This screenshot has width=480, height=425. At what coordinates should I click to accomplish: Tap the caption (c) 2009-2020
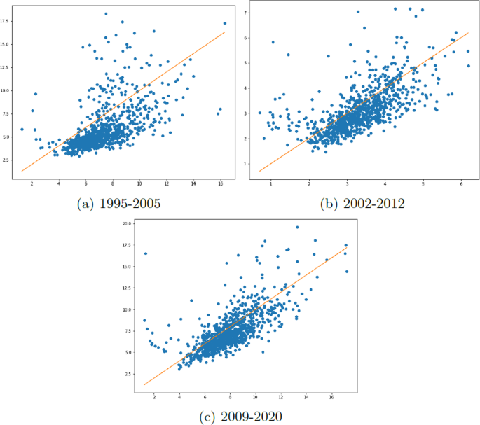[241, 417]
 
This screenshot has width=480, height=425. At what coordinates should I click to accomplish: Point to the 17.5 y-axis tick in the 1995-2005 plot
[6, 21]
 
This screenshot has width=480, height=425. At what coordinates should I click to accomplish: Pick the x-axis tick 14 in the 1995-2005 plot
[194, 184]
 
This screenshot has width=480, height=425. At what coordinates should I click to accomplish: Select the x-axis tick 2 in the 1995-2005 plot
[32, 184]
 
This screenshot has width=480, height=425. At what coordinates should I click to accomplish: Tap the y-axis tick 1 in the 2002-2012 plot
[245, 164]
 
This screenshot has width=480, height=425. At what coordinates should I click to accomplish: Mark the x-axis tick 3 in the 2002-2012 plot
[347, 184]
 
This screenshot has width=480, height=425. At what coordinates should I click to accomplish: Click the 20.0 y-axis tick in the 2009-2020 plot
[126, 224]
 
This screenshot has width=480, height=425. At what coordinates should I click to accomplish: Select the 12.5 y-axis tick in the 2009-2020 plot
[126, 288]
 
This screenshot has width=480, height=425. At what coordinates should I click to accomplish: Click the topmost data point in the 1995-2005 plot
[106, 13]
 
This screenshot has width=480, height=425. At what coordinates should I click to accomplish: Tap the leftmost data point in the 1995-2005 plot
[22, 129]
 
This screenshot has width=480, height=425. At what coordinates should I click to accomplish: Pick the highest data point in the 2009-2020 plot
[297, 227]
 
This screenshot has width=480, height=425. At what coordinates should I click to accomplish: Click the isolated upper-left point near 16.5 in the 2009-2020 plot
[145, 253]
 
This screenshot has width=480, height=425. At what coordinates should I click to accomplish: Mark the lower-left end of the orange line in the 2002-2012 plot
[260, 171]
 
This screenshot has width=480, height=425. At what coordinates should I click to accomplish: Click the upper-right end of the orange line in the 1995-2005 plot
[225, 32]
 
